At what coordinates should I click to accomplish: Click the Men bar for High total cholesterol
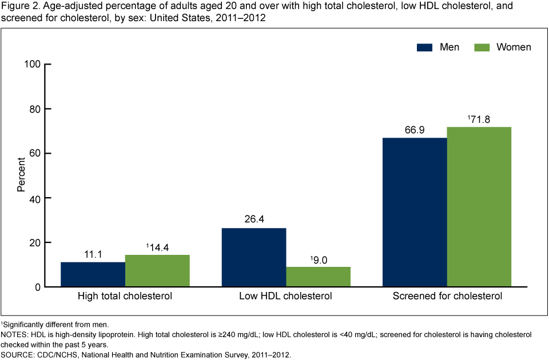93,274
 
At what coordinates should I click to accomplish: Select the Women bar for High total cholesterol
157,270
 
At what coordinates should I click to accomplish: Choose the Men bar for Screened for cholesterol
415,212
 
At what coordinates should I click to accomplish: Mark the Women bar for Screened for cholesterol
479,207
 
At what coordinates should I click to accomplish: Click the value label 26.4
254,219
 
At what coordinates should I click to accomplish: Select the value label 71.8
480,119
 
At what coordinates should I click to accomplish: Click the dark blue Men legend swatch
424,47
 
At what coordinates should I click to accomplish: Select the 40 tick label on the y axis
42,198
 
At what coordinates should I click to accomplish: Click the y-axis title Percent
21,175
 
